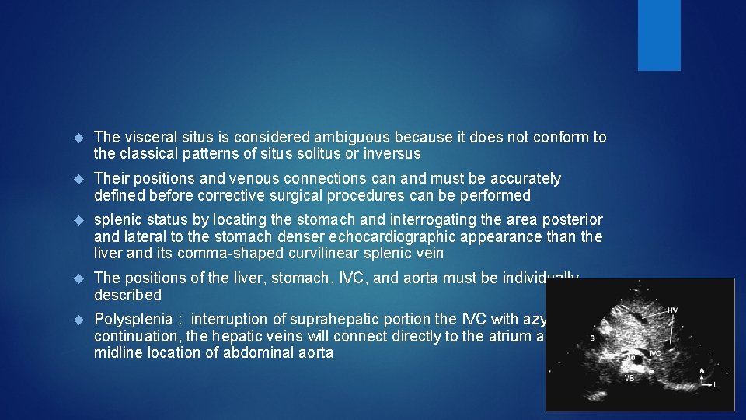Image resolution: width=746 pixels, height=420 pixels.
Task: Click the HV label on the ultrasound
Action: [x=672, y=311]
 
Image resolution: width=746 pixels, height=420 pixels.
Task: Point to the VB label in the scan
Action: [x=629, y=378]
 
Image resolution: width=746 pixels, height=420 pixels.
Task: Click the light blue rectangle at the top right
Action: [x=659, y=35]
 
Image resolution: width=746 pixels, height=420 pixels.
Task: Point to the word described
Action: [x=127, y=295]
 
